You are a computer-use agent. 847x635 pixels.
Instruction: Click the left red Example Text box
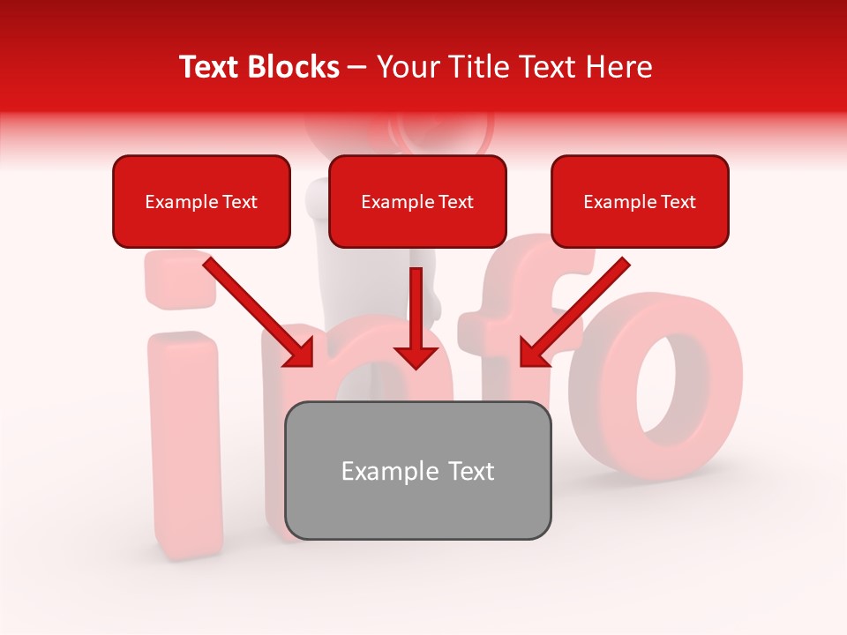pyautogui.click(x=201, y=201)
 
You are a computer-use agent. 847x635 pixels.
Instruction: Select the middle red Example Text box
pyautogui.click(x=417, y=201)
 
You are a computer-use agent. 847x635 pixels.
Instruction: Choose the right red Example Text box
pyautogui.click(x=640, y=201)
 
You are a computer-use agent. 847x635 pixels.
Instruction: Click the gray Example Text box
pyautogui.click(x=417, y=470)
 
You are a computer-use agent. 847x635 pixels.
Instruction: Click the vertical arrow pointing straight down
pyautogui.click(x=416, y=313)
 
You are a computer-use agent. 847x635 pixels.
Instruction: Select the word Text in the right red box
pyautogui.click(x=678, y=201)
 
